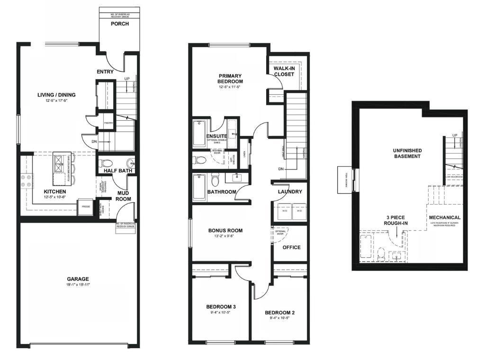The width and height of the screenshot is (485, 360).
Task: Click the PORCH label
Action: click(x=119, y=24)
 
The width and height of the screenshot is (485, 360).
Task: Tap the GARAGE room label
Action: click(x=78, y=279)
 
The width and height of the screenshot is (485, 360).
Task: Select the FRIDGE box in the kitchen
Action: click(x=86, y=207)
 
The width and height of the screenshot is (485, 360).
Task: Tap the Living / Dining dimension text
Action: click(x=56, y=101)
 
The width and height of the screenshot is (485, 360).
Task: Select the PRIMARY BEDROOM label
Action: click(x=230, y=79)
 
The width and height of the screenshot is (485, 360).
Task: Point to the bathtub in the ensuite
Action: click(x=198, y=133)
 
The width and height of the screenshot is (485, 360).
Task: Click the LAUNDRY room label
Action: click(x=290, y=192)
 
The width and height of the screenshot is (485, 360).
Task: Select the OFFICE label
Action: click(x=291, y=247)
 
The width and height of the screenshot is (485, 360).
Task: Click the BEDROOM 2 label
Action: click(x=279, y=313)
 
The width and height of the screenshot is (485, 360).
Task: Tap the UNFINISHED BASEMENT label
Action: click(x=407, y=153)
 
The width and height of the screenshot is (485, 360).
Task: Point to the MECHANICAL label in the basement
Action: click(x=444, y=217)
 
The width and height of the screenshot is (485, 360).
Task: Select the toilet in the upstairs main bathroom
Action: click(x=215, y=180)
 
